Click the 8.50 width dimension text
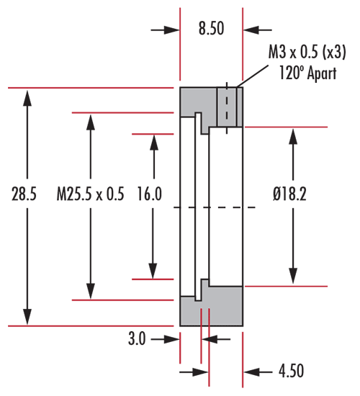pyautogui.click(x=211, y=28)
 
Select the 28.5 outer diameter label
pyautogui.click(x=24, y=194)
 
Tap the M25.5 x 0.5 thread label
pyautogui.click(x=91, y=194)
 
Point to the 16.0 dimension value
pyautogui.click(x=150, y=194)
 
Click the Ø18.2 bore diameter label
pyautogui.click(x=289, y=194)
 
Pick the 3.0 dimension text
pyautogui.click(x=137, y=338)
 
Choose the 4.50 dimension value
pyautogui.click(x=291, y=371)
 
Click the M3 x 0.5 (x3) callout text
pyautogui.click(x=307, y=53)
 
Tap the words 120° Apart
pyautogui.click(x=307, y=73)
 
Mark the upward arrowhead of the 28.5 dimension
pyautogui.click(x=27, y=99)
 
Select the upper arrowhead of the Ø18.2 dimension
pyautogui.click(x=293, y=137)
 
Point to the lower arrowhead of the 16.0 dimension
pyautogui.click(x=153, y=270)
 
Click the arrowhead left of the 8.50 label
pyautogui.click(x=171, y=30)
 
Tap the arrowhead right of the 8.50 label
pyautogui.click(x=251, y=30)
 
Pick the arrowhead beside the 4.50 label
pyautogui.click(x=251, y=372)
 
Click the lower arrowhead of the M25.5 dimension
pyautogui.click(x=91, y=291)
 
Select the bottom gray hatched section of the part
pyautogui.click(x=212, y=310)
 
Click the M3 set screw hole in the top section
pyautogui.click(x=227, y=107)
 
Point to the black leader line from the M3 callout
pyautogui.click(x=252, y=76)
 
